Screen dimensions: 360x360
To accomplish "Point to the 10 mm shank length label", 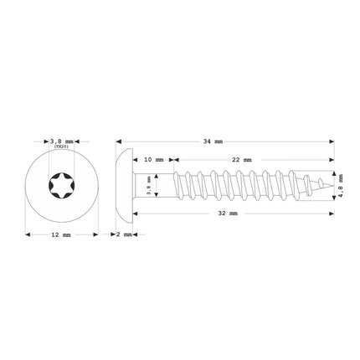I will (x=153, y=157).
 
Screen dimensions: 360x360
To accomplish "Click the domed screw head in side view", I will (x=123, y=180).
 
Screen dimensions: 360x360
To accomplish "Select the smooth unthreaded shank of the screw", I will (x=159, y=180).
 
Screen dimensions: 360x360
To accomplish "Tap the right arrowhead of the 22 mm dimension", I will (x=331, y=157).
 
